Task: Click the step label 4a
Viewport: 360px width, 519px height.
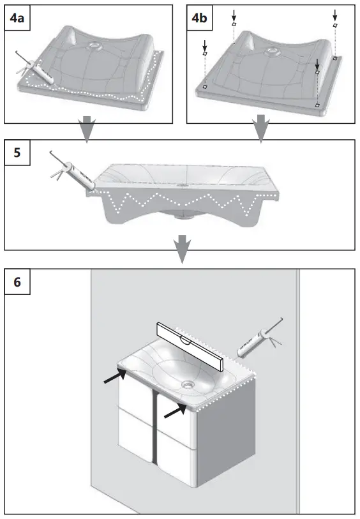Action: tap(17, 19)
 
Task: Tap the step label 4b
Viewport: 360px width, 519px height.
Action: tap(200, 19)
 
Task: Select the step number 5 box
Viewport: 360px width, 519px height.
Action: tap(17, 153)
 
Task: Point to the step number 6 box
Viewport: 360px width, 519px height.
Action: tap(17, 282)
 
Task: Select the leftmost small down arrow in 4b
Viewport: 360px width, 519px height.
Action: tap(205, 46)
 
